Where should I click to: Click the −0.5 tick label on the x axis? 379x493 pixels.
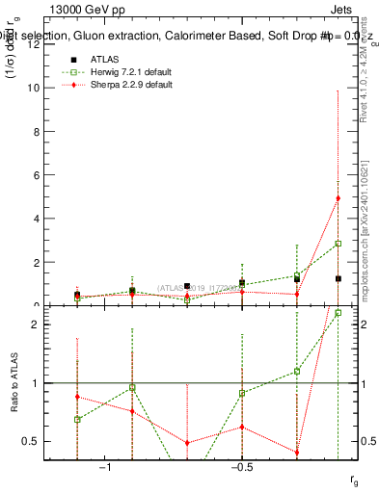240,467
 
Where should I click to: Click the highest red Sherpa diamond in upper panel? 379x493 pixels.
338,198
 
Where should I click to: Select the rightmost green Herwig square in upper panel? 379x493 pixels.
338,244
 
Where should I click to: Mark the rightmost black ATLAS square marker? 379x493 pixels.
338,278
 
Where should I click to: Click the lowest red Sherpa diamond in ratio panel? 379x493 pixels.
297,453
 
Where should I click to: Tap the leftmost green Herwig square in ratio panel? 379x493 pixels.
77,420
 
